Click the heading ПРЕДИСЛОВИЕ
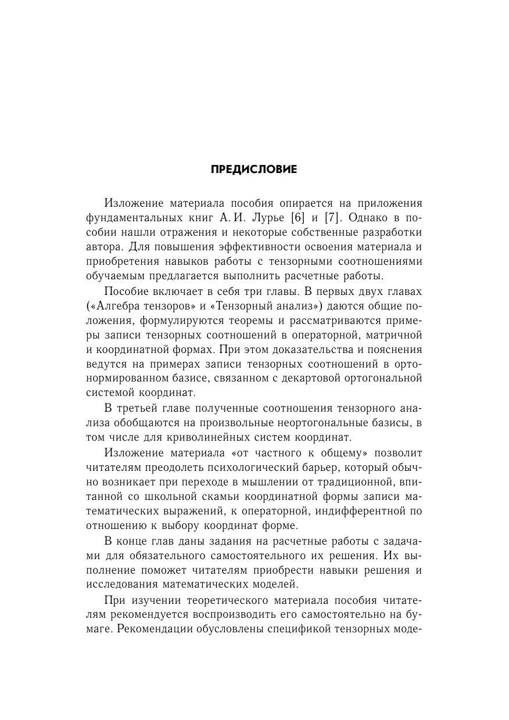pyautogui.click(x=254, y=170)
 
